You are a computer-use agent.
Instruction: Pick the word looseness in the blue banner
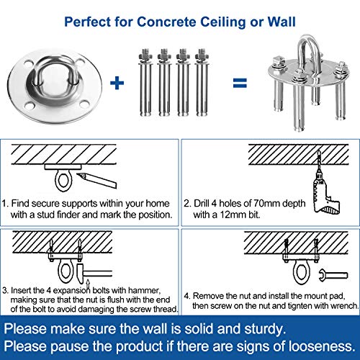[317, 348]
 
